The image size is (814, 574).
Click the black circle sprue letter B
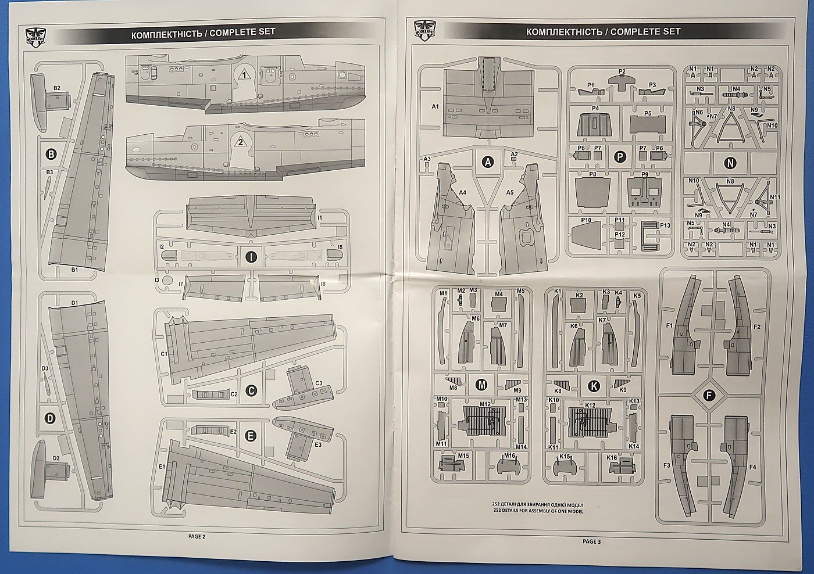pos(51,154)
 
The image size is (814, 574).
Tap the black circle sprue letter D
pos(51,418)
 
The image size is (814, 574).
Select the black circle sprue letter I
pos(251,256)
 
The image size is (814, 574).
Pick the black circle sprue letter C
pos(251,392)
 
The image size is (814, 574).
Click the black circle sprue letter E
pos(251,436)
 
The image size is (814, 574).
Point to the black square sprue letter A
pos(488,163)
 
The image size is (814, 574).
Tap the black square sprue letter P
pos(620,156)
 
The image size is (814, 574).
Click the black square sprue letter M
pos(481,383)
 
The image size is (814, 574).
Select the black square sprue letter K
pos(593,383)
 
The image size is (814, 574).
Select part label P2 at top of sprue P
pos(622,71)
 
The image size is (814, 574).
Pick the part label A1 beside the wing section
pos(435,107)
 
